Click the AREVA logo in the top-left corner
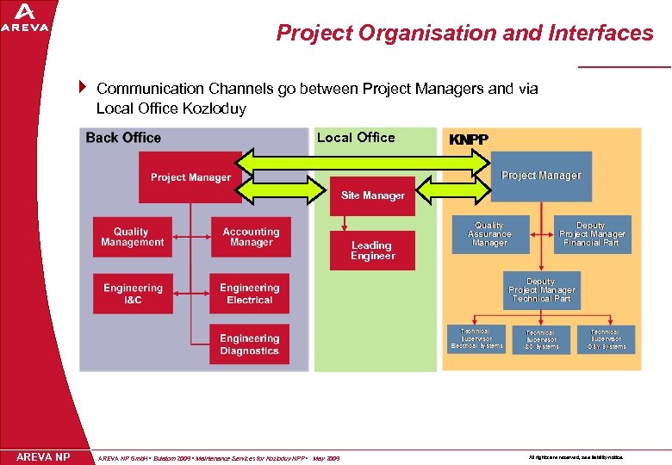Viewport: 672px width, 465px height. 25,17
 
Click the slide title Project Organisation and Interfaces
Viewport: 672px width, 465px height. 464,33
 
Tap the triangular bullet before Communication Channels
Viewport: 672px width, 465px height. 84,87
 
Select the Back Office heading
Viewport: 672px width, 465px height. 123,138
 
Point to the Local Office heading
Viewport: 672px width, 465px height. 356,138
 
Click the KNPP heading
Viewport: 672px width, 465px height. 469,139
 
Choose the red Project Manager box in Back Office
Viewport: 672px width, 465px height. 190,177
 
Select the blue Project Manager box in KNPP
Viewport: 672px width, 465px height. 541,176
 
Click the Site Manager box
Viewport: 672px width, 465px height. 372,195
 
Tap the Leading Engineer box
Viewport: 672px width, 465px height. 372,251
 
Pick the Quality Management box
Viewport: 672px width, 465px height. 132,237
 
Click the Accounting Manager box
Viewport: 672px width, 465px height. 251,237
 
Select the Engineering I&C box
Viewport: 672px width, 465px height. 133,294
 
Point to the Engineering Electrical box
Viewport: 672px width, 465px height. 249,294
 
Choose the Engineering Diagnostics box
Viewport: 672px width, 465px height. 249,344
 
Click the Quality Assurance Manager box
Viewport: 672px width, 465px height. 489,234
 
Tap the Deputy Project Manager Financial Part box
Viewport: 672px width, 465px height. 592,234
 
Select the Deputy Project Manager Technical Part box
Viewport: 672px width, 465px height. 541,290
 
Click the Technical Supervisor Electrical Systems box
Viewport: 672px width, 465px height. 476,338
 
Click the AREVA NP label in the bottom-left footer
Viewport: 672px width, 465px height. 43,456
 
